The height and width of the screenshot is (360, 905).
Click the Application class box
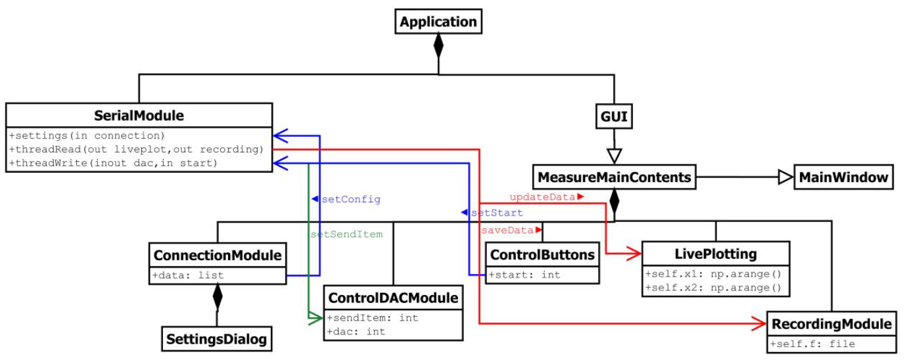[x=438, y=22]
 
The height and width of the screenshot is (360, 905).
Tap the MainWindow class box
[x=844, y=177]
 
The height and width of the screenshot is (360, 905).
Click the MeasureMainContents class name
[x=614, y=177]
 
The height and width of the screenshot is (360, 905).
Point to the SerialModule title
[x=139, y=116]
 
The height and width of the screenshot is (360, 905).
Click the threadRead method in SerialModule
[x=136, y=149]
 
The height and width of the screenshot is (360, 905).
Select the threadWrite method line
[x=114, y=162]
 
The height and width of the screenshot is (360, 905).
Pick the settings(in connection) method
[x=87, y=136]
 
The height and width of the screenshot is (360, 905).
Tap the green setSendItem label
[x=346, y=233]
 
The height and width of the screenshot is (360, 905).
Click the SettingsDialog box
[x=217, y=339]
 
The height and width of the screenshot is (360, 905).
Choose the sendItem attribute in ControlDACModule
[x=373, y=318]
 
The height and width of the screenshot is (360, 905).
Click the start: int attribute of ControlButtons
[x=524, y=275]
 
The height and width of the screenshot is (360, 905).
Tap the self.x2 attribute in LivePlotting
[x=713, y=287]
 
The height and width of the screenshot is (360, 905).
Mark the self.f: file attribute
[x=812, y=344]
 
